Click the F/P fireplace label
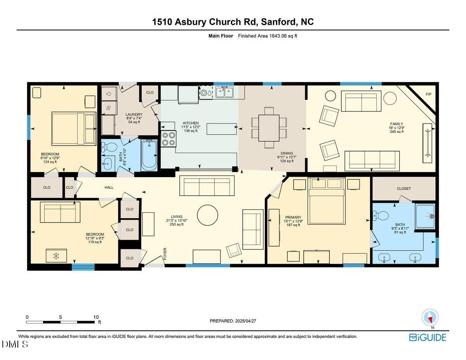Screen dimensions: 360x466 click(x=428, y=94)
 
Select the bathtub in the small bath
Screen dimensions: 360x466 click(x=149, y=156)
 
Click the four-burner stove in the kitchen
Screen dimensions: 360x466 click(x=169, y=139)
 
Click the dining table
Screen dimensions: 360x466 click(x=269, y=128)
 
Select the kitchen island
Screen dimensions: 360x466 click(x=222, y=129)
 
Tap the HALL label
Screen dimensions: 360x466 click(x=109, y=188)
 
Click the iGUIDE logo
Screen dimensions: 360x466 click(x=428, y=337)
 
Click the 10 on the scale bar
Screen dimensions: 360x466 click(x=96, y=317)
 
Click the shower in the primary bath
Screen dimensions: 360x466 click(x=425, y=216)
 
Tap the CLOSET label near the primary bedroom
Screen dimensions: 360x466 click(x=404, y=189)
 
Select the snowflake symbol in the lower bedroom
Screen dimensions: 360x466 click(x=56, y=256)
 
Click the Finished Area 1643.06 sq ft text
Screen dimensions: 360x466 click(x=268, y=36)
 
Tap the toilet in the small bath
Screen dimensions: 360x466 click(x=110, y=147)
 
